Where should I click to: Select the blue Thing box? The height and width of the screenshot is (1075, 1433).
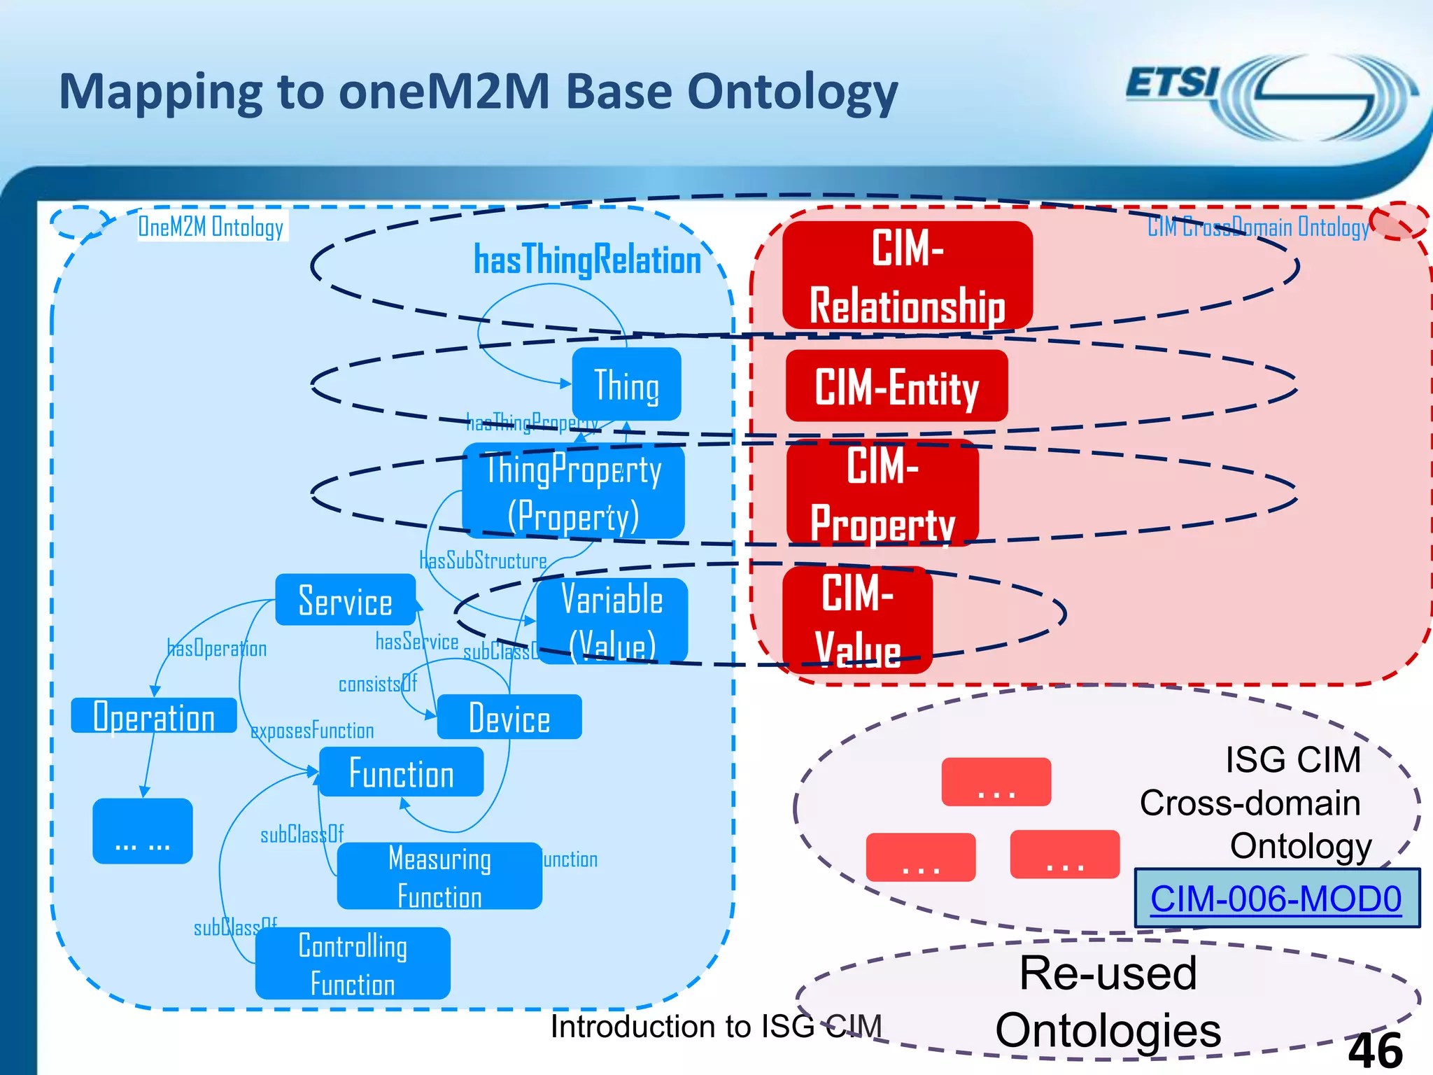pos(626,385)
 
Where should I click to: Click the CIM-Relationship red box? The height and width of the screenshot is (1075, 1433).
pos(907,276)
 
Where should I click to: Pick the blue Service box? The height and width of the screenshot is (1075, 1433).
pos(346,600)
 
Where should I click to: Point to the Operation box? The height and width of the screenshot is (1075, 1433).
pos(154,716)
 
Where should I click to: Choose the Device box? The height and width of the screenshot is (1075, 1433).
pos(509,717)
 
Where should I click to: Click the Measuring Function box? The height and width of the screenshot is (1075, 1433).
pos(439,876)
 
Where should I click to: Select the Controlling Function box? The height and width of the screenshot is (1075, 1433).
pos(353,964)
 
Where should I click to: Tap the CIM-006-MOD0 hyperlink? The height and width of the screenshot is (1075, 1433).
pos(1276,899)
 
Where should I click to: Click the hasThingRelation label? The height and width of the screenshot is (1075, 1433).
pos(587,260)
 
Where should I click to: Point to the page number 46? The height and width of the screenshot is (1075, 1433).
pos(1374,1050)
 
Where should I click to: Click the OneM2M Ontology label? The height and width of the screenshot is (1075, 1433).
pos(211,227)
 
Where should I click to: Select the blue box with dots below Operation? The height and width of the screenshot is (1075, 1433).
pos(142,831)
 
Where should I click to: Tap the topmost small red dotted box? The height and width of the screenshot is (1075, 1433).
pos(996,782)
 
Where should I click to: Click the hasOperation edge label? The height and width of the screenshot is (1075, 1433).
pos(217,649)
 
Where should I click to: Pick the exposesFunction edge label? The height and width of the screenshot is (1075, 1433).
pos(312,731)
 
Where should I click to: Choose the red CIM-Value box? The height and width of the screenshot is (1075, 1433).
pos(858,620)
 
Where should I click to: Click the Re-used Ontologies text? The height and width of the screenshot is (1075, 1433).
pos(1108,1002)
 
